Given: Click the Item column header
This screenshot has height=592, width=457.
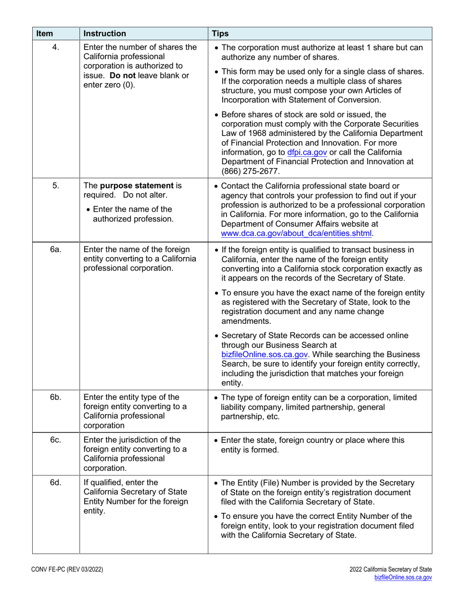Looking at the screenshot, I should point(44,34).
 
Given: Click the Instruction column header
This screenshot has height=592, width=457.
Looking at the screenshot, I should point(105,34).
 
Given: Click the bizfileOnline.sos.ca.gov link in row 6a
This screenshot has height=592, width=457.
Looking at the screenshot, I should point(265,354).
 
